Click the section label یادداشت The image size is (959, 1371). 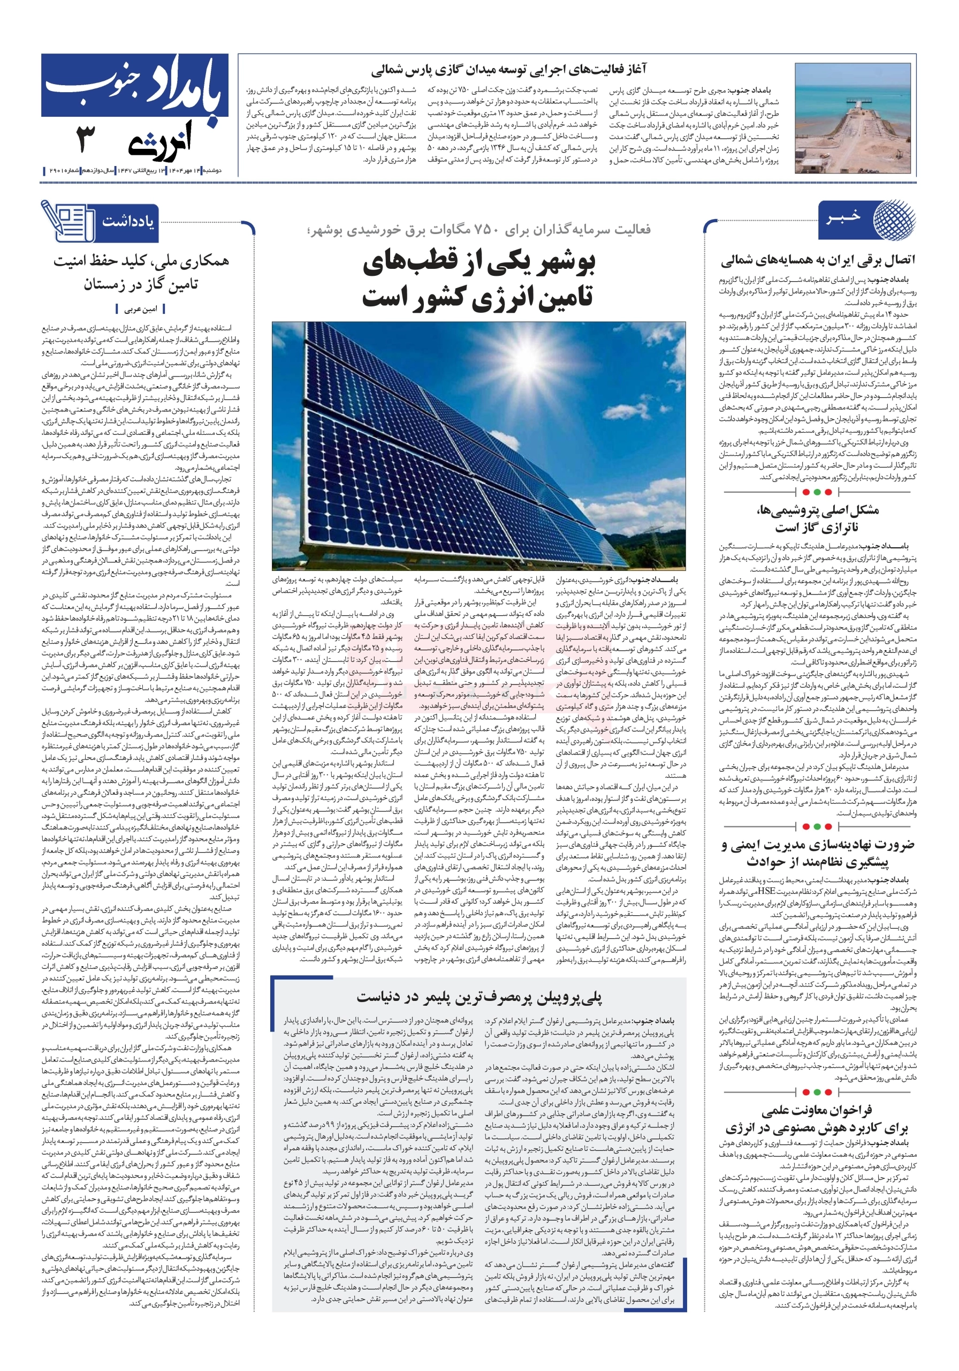pyautogui.click(x=127, y=222)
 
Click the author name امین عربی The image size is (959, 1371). pyautogui.click(x=141, y=310)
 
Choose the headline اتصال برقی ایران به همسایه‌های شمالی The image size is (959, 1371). pyautogui.click(x=818, y=261)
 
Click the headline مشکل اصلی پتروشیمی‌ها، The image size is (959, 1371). pyautogui.click(x=817, y=510)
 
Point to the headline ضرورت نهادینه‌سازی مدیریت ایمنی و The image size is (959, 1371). pyautogui.click(x=818, y=845)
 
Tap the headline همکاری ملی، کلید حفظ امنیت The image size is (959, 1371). pyautogui.click(x=141, y=261)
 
